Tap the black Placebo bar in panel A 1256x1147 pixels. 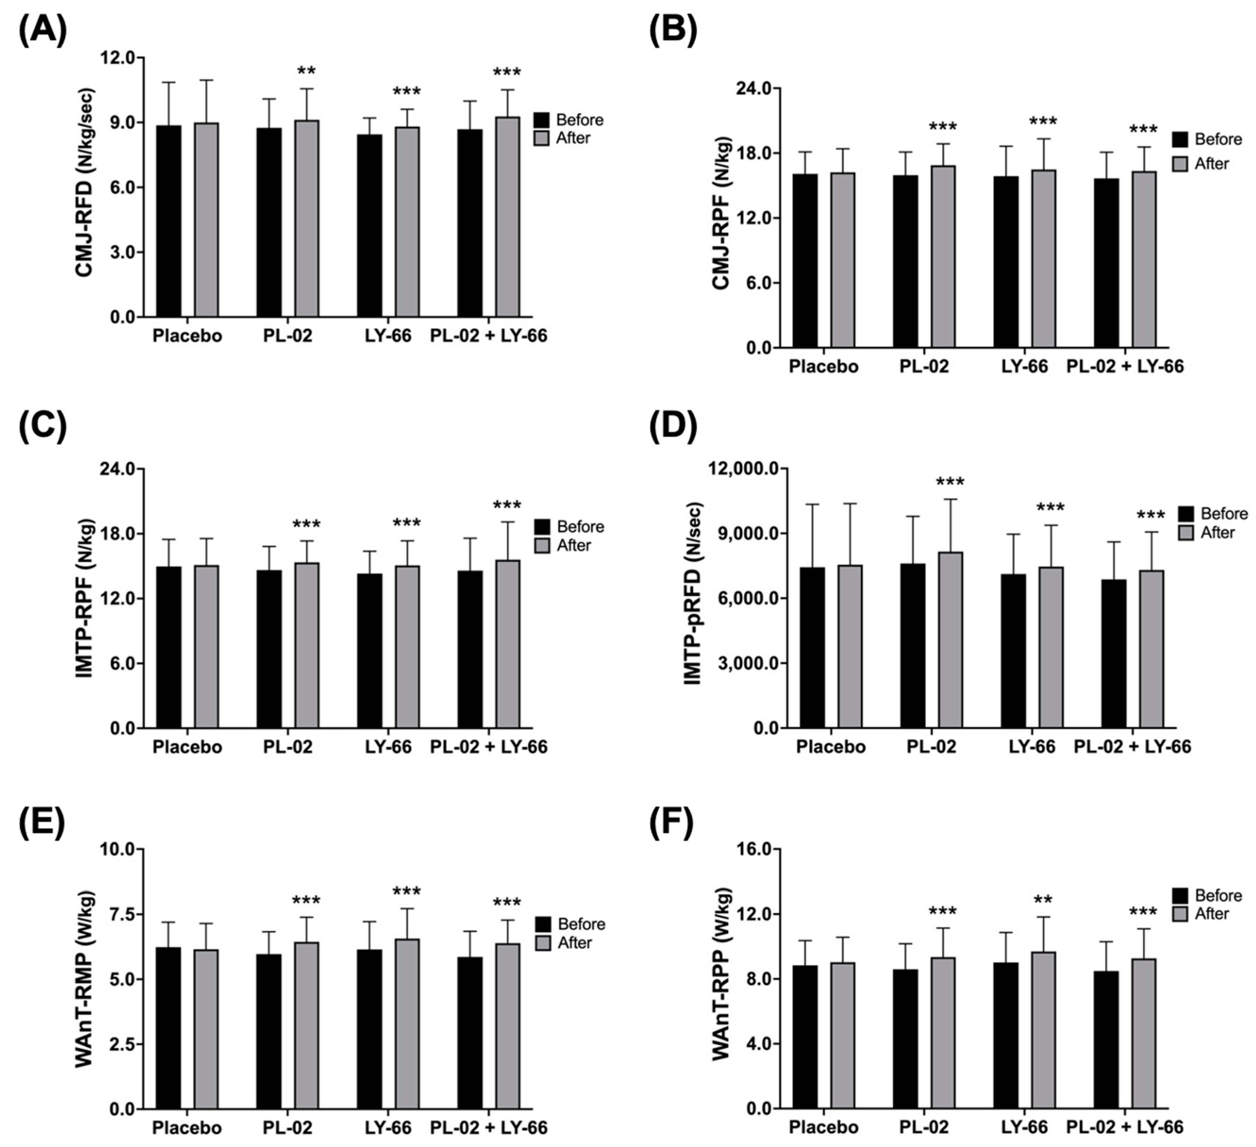tap(169, 221)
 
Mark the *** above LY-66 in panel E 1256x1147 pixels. tap(407, 891)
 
